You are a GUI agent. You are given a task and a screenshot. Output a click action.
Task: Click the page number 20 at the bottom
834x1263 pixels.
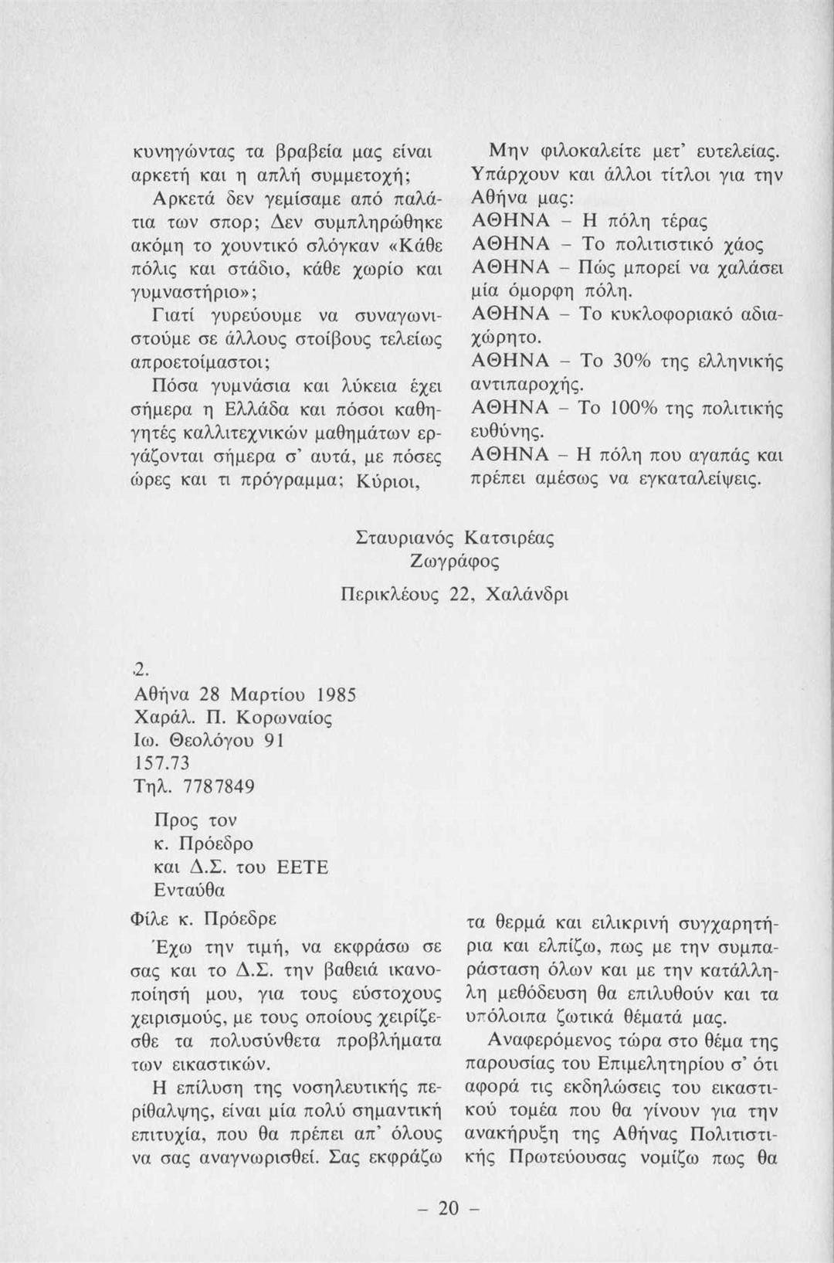448,1207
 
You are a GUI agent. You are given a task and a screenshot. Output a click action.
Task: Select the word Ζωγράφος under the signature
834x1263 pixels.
456,562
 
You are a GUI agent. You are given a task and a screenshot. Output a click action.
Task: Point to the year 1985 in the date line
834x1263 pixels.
334,694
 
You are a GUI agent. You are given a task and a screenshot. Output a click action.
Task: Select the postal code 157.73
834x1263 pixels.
161,763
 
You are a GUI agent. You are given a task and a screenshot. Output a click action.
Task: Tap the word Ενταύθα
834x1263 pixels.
190,890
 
